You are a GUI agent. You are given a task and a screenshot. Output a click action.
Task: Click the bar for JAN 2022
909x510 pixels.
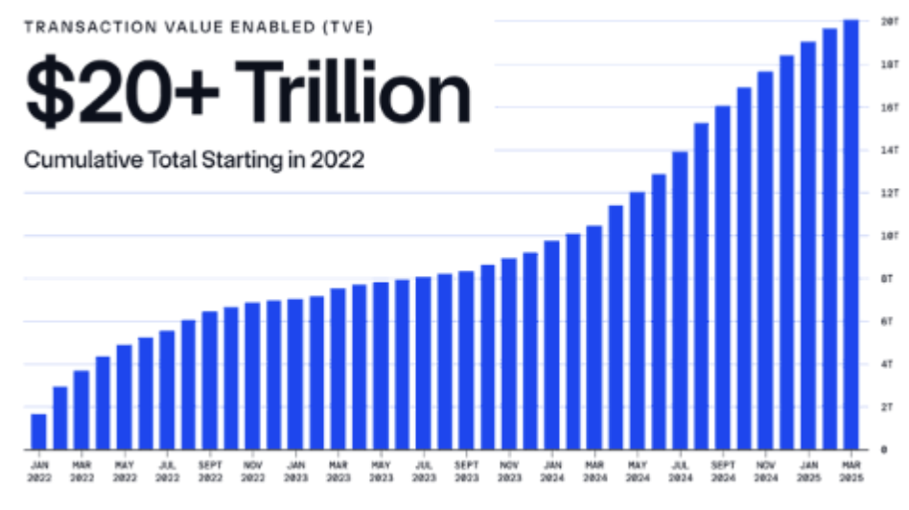point(38,431)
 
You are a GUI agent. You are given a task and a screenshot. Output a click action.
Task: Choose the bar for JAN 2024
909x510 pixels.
point(551,344)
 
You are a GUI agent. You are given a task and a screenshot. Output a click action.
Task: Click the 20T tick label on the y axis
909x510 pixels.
point(889,21)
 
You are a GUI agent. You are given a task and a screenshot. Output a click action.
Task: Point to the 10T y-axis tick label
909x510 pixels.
point(889,235)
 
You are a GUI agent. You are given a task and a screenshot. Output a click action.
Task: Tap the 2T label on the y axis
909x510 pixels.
point(889,406)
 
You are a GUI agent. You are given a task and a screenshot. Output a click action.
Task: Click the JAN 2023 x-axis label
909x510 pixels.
point(295,470)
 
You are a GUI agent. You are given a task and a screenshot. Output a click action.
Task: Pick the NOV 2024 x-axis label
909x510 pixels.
point(765,470)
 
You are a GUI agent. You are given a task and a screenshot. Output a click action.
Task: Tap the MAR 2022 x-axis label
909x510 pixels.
point(82,470)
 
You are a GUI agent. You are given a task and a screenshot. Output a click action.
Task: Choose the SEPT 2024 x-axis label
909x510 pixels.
point(722,470)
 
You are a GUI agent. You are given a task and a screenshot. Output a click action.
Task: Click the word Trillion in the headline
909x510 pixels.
point(344,94)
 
